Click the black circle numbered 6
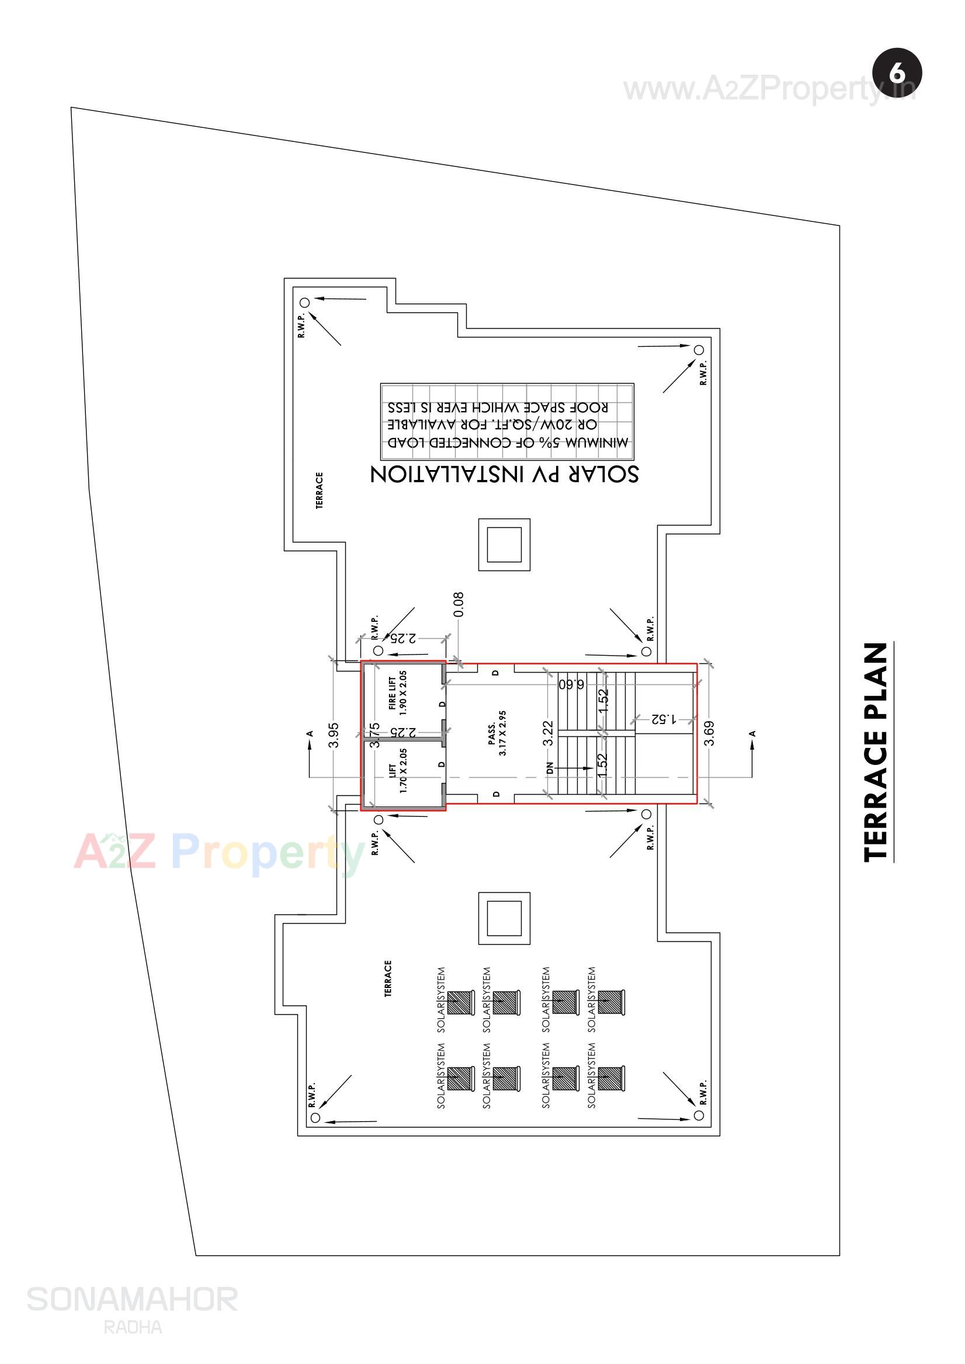click(897, 73)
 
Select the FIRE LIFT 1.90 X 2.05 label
click(397, 693)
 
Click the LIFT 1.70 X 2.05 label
click(398, 771)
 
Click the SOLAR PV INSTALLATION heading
click(504, 474)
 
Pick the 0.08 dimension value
click(458, 604)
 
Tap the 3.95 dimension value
click(334, 735)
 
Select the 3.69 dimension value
click(709, 732)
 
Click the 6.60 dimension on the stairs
click(571, 684)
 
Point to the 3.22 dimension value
click(548, 732)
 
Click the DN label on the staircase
click(550, 768)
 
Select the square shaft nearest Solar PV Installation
click(504, 544)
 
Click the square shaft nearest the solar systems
click(504, 918)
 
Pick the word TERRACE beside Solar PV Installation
click(319, 490)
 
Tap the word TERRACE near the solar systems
click(388, 978)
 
